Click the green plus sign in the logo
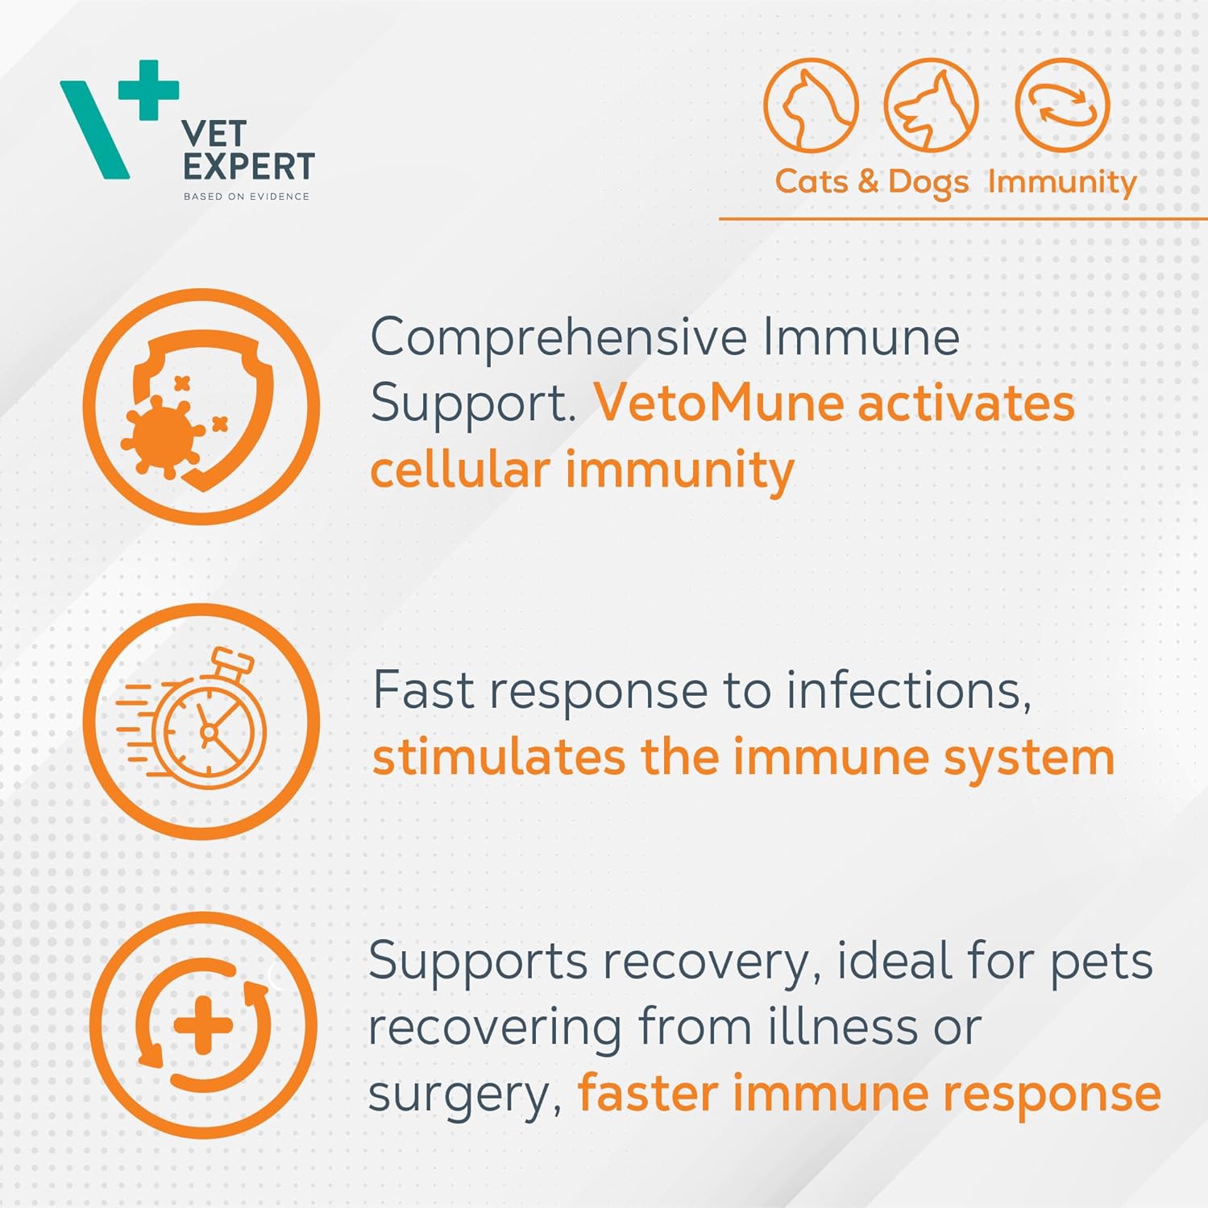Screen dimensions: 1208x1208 [x=148, y=89]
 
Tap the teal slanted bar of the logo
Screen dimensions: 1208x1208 [x=94, y=130]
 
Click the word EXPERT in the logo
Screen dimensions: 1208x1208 [x=248, y=167]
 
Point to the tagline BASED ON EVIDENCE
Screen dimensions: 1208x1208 [x=247, y=197]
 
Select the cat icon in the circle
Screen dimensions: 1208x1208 [x=811, y=105]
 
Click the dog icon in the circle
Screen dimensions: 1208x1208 [x=932, y=105]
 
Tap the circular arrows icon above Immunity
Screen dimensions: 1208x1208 [x=1063, y=105]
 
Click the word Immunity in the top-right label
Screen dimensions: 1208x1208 [x=1062, y=182]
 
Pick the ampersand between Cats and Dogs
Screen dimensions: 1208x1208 [x=868, y=181]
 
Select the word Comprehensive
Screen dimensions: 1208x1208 [x=558, y=338]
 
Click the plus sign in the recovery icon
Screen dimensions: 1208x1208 [x=203, y=1025]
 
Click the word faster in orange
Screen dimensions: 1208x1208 [x=648, y=1093]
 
